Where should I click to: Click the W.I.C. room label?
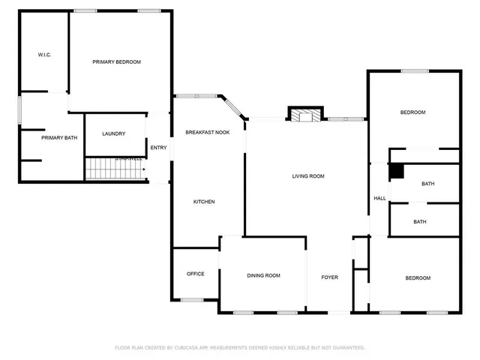pos(44,55)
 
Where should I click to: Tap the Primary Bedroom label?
pos(116,61)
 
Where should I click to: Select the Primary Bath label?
pos(59,137)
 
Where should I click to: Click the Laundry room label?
pos(113,133)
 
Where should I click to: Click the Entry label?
pos(158,147)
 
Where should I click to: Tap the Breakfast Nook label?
pos(208,132)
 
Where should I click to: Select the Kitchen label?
pos(204,202)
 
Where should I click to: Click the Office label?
pos(195,274)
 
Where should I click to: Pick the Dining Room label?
pos(263,275)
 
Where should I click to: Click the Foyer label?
pos(330,277)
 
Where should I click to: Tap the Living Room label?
pos(307,176)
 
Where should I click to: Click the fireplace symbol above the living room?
pos(305,115)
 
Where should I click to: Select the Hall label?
pos(380,198)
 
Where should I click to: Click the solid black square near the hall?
pos(396,172)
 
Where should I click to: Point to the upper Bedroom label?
pos(412,112)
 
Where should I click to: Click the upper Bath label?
pos(428,184)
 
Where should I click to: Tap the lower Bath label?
pos(420,221)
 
